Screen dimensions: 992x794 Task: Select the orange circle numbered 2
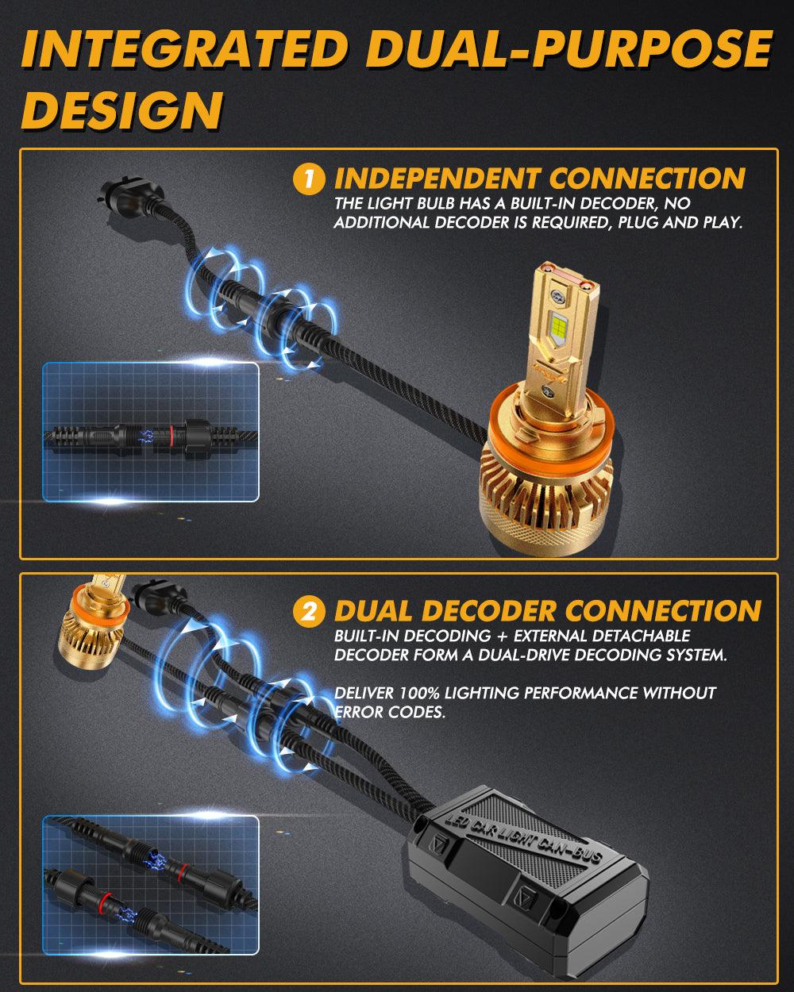(x=309, y=612)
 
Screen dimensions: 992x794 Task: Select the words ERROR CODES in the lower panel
(x=390, y=712)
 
